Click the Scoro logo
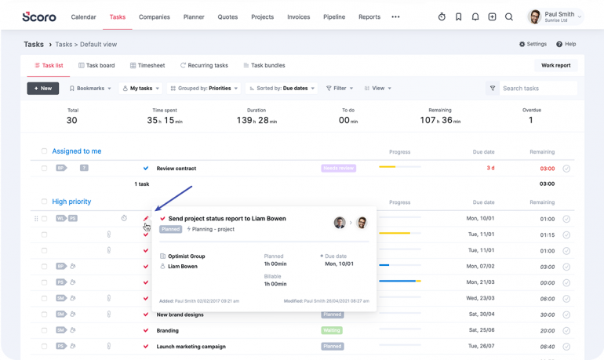39,16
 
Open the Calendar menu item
83,16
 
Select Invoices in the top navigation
298,16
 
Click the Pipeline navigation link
334,16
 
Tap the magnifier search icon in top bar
509,16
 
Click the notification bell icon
475,16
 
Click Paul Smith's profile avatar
535,16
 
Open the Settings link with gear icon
533,45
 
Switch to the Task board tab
96,66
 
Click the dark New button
42,89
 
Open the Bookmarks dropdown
90,89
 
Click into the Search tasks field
537,89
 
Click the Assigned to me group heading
76,151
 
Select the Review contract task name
176,169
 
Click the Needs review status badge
338,168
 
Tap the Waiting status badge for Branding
332,330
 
